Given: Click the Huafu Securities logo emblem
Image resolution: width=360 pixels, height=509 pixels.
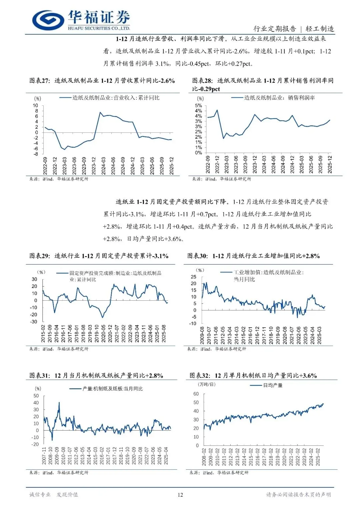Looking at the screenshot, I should tap(48, 20).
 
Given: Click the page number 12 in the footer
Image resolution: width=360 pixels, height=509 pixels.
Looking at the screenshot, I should tap(180, 495).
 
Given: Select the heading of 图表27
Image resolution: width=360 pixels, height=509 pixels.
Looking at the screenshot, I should tap(102, 81).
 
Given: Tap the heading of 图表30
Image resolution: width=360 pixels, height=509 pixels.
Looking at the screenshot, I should tap(253, 256).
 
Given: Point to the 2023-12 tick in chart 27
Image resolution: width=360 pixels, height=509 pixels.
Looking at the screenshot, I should tap(94, 166).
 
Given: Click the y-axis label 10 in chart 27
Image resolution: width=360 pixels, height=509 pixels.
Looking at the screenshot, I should tap(35, 106).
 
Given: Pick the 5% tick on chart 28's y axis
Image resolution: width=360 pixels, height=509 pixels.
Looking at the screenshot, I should tap(198, 106).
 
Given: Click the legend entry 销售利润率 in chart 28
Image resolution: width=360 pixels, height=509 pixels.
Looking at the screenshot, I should tap(279, 98).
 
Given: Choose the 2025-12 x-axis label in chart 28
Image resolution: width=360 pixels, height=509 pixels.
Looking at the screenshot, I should tap(330, 164).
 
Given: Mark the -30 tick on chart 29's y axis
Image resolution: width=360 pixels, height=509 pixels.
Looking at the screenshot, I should tap(34, 322).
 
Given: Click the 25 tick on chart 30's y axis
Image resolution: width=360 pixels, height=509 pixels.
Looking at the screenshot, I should tap(193, 277).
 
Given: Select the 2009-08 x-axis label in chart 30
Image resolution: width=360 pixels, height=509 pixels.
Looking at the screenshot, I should tap(202, 335).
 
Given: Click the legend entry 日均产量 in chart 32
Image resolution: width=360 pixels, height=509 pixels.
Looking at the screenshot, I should tap(273, 385).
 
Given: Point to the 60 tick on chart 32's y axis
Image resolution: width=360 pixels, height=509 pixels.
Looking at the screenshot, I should tap(196, 394).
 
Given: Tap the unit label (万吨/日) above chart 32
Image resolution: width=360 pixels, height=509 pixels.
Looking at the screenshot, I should tap(207, 384).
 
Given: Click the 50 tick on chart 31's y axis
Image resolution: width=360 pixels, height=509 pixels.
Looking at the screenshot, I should tap(36, 396).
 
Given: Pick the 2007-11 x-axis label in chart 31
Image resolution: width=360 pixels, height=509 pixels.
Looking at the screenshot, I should tap(44, 456).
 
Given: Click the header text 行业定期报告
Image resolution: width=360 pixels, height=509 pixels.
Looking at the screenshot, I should tap(274, 29).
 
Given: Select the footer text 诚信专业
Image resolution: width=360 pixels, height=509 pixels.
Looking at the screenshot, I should tap(40, 495).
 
